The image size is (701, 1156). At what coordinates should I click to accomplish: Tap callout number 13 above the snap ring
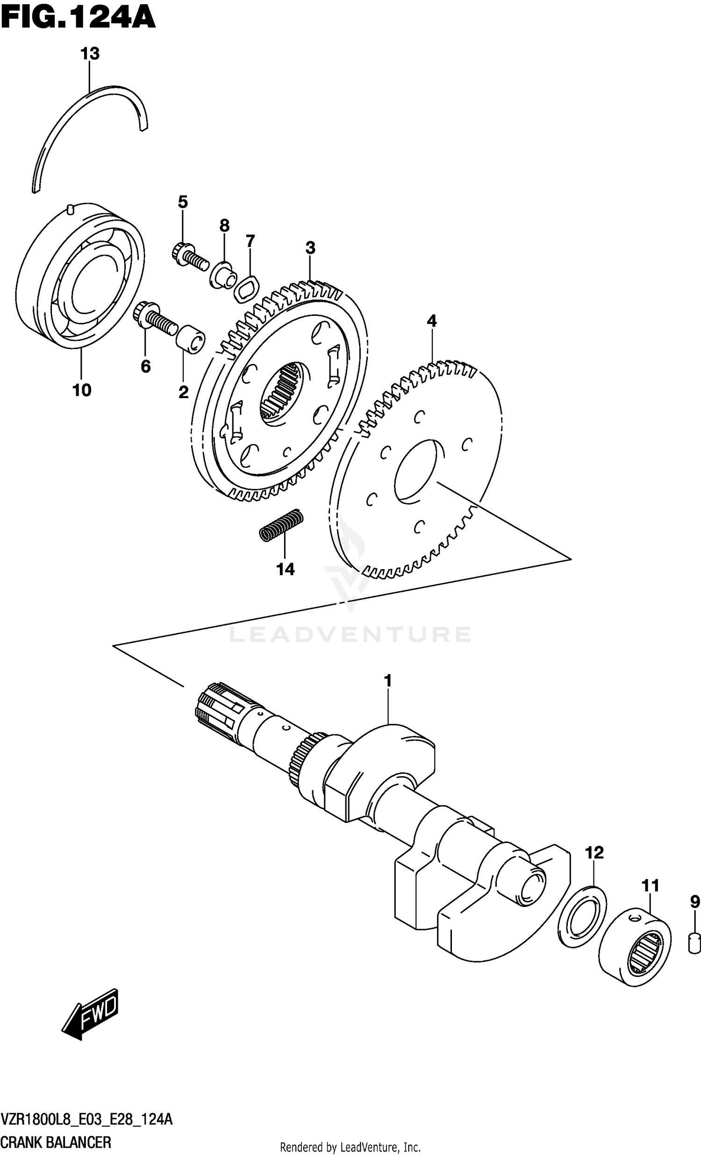(x=90, y=54)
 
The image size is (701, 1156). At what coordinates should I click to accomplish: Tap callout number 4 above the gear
(x=432, y=321)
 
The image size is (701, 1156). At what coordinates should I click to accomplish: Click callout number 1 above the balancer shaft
(x=387, y=680)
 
